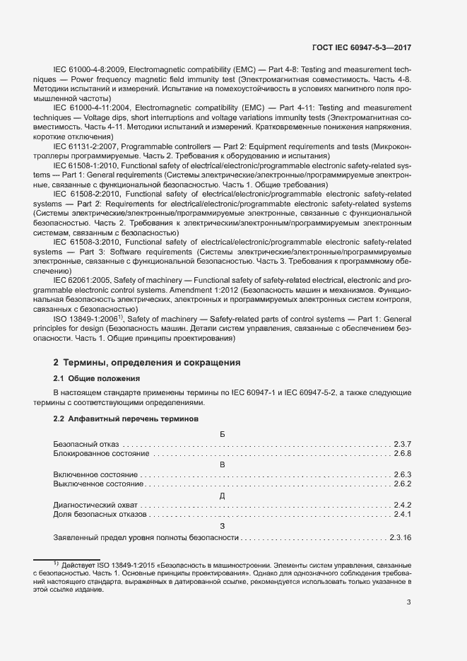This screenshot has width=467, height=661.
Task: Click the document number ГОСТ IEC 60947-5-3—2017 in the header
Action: pyautogui.click(x=362, y=48)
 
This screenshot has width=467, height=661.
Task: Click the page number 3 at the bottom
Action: pyautogui.click(x=409, y=602)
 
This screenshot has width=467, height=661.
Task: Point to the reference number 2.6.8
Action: pyautogui.click(x=403, y=453)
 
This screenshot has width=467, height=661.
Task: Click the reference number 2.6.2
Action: pyautogui.click(x=403, y=484)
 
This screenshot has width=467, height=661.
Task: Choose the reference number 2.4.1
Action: pyautogui.click(x=403, y=515)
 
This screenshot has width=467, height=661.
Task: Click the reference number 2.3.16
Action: pyautogui.click(x=400, y=538)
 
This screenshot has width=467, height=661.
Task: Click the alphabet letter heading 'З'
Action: pyautogui.click(x=223, y=527)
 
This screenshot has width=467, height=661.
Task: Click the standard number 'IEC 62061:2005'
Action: pyautogui.click(x=84, y=281)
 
